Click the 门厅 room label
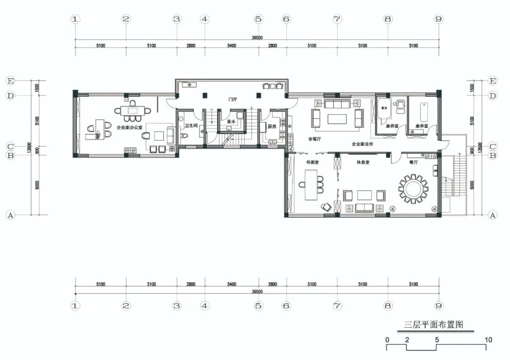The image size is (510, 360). click(x=232, y=100)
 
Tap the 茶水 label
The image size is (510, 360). click(x=231, y=121)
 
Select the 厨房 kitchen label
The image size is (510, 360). click(x=272, y=126)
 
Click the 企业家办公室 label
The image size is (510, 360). click(x=129, y=127)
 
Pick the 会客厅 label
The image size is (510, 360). click(x=314, y=139)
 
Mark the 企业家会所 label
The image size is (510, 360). click(x=362, y=144)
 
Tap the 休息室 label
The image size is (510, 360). click(x=363, y=162)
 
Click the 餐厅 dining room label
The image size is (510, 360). click(x=414, y=162)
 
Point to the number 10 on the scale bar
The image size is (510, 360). click(x=488, y=340)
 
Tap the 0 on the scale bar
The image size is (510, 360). click(x=387, y=340)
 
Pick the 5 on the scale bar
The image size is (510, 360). click(x=437, y=340)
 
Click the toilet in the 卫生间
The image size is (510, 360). click(x=184, y=135)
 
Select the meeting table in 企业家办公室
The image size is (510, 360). click(x=133, y=111)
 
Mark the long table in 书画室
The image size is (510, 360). click(x=311, y=184)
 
